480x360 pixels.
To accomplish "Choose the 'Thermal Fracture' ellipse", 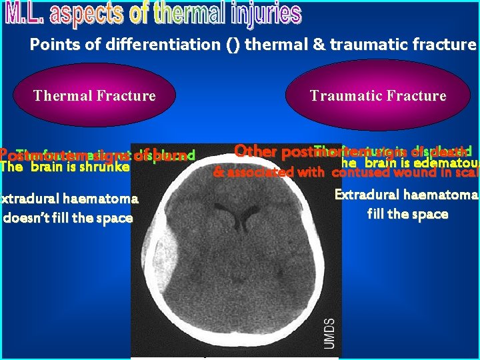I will tap(95, 96).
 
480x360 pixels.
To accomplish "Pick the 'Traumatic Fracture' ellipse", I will tap(377, 96).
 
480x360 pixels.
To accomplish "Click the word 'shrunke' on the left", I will tap(105, 167).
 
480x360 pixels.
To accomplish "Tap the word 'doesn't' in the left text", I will tap(28, 218).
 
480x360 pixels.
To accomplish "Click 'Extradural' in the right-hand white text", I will tap(365, 195).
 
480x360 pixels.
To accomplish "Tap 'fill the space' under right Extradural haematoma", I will tap(407, 215).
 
